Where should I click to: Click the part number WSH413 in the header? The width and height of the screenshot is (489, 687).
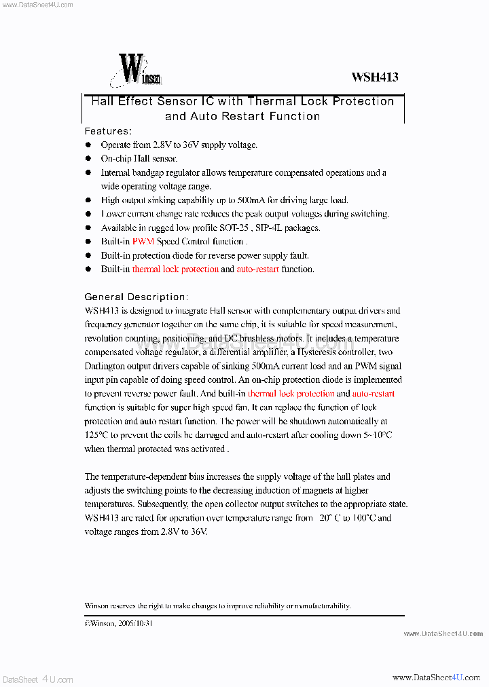pos(374,77)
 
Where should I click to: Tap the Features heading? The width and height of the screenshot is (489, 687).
pos(107,131)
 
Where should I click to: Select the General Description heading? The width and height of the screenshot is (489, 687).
pos(135,297)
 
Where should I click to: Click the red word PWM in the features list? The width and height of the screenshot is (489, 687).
pos(143,242)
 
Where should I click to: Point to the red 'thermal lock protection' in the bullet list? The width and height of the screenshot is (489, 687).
pos(175,270)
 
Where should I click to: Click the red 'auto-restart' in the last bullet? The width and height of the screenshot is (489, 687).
pos(257,270)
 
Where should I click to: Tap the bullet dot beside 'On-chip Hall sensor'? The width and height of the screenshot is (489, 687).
pos(88,159)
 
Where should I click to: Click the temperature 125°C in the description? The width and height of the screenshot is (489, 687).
pos(97,435)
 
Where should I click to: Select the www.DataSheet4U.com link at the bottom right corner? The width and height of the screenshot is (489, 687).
pos(436,678)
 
